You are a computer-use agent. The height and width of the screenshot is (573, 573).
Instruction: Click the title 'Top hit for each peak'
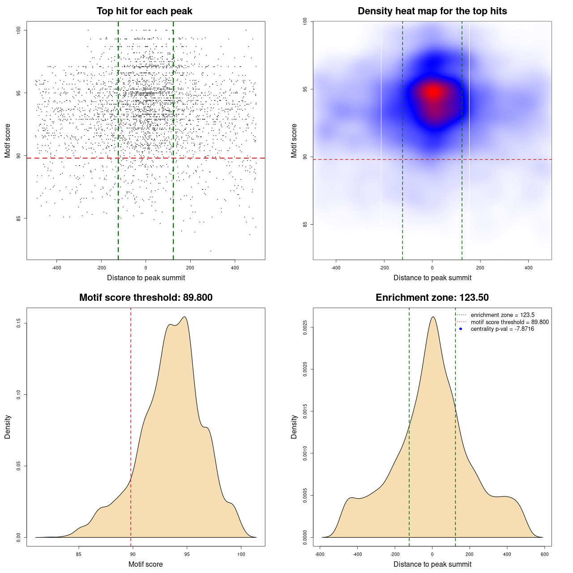pyautogui.click(x=145, y=11)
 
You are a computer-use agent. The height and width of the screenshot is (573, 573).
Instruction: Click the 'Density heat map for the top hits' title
pyautogui.click(x=432, y=11)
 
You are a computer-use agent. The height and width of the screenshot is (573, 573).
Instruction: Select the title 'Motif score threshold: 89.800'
pyautogui.click(x=145, y=298)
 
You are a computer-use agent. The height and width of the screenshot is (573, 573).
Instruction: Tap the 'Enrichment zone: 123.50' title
pyautogui.click(x=432, y=298)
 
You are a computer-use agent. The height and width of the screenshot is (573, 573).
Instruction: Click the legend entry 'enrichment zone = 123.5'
pyautogui.click(x=502, y=315)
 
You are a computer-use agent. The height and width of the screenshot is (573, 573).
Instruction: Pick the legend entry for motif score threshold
pyautogui.click(x=509, y=322)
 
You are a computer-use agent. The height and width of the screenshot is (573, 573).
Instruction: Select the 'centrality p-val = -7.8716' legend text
pyautogui.click(x=502, y=329)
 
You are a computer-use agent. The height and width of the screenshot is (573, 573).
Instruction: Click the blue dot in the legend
pyautogui.click(x=461, y=329)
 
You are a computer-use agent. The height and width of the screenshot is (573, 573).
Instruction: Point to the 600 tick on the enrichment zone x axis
pyautogui.click(x=544, y=554)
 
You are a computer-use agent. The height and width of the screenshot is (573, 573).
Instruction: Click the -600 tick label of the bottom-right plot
pyautogui.click(x=320, y=554)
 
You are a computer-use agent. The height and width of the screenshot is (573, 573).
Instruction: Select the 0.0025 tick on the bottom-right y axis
pyautogui.click(x=305, y=327)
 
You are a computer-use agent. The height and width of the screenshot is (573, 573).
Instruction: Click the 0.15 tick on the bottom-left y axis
pyautogui.click(x=19, y=323)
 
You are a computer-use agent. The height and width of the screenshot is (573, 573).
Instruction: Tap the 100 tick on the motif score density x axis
pyautogui.click(x=241, y=554)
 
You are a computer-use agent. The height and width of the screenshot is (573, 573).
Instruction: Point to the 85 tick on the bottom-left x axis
pyautogui.click(x=79, y=554)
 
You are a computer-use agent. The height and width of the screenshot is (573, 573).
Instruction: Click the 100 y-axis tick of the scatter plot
pyautogui.click(x=19, y=30)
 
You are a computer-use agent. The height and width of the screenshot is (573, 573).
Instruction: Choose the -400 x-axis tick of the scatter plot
pyautogui.click(x=56, y=268)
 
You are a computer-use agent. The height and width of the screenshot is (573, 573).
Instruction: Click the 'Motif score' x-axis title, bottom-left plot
pyautogui.click(x=145, y=564)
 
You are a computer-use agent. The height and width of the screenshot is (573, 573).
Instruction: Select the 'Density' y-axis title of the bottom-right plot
pyautogui.click(x=294, y=427)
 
